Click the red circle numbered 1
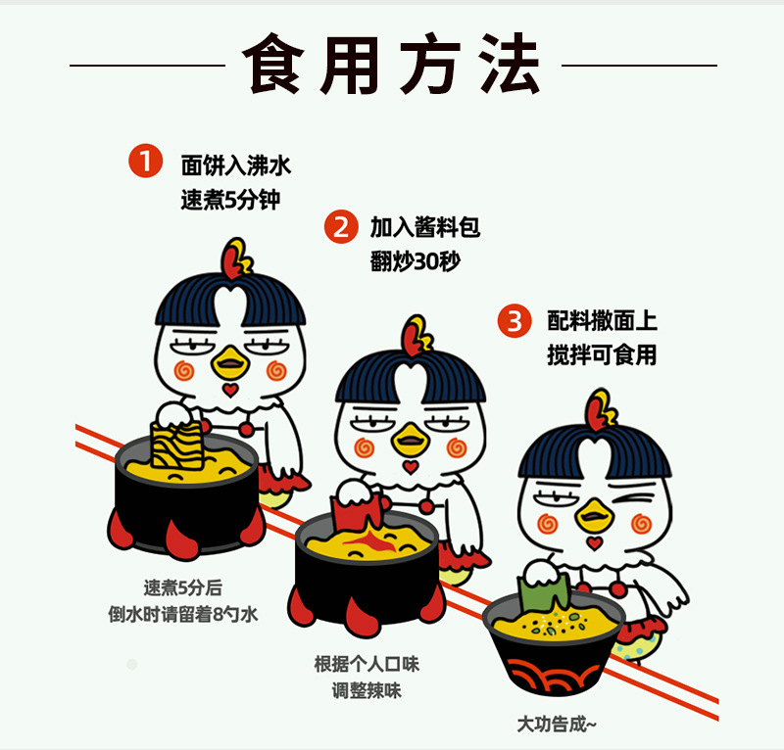145,161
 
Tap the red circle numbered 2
341,226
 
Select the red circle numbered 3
514,321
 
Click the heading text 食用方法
391,64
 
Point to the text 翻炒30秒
415,260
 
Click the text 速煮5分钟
230,200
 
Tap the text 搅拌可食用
602,354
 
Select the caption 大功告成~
557,724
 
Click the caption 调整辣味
367,690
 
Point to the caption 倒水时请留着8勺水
183,614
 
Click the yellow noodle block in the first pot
177,445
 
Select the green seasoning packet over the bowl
544,592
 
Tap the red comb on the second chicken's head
416,336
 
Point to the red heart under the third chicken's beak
595,543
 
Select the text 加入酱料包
425,227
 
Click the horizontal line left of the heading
147,65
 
